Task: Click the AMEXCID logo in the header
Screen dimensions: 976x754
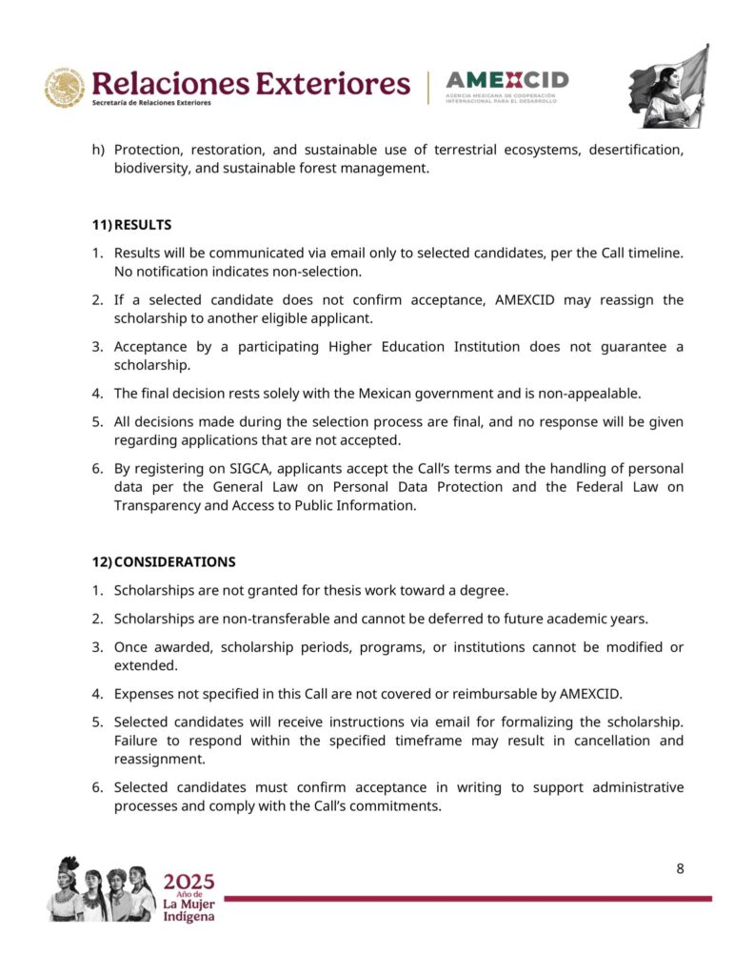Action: pyautogui.click(x=506, y=86)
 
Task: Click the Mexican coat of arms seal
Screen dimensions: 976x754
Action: pyautogui.click(x=65, y=88)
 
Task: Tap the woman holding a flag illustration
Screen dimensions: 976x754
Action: pyautogui.click(x=668, y=87)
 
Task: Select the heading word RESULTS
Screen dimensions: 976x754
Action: pyautogui.click(x=143, y=225)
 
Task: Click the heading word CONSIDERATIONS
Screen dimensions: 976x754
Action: pyautogui.click(x=174, y=561)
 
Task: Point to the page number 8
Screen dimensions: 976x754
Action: pyautogui.click(x=680, y=868)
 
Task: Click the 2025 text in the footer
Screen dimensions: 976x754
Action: pyautogui.click(x=188, y=881)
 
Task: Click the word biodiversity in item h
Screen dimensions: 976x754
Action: pyautogui.click(x=152, y=169)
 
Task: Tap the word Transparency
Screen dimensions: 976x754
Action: pyautogui.click(x=157, y=505)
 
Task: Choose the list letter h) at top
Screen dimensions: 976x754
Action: pyautogui.click(x=98, y=151)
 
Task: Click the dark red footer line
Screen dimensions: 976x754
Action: pyautogui.click(x=466, y=898)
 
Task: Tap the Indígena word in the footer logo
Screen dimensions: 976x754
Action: pyautogui.click(x=188, y=916)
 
